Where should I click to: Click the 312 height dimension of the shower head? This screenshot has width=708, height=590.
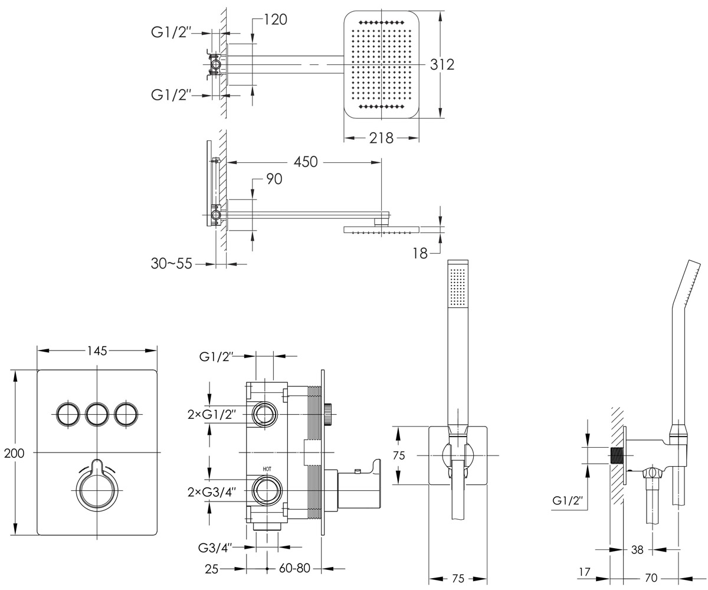click(442, 64)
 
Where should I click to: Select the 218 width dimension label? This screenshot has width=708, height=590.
click(381, 138)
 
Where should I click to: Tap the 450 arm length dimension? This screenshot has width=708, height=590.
click(306, 162)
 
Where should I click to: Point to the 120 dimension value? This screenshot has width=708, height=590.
click(276, 19)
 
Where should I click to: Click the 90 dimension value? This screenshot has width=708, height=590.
click(274, 179)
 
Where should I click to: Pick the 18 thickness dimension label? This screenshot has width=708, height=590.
click(420, 254)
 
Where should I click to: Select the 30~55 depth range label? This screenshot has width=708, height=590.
click(171, 264)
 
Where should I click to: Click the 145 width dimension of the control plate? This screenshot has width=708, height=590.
click(97, 350)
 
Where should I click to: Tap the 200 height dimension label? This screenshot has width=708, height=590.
click(14, 453)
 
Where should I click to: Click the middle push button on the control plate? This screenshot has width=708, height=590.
click(97, 414)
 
